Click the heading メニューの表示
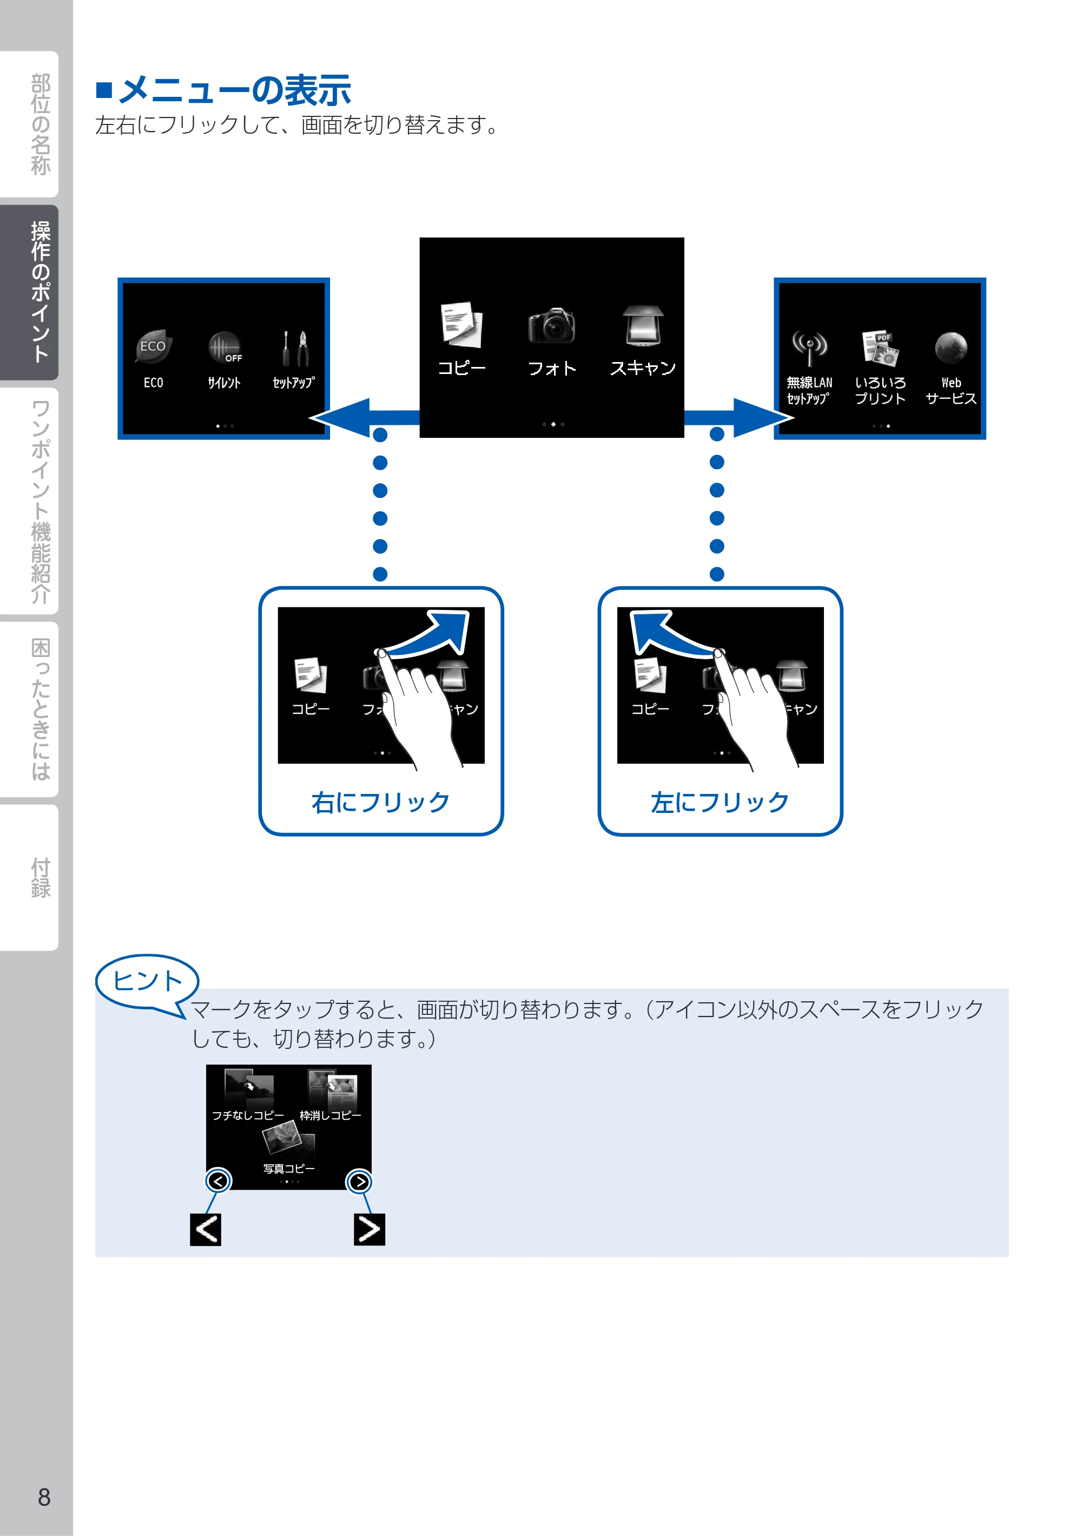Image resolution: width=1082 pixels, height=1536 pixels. point(234,90)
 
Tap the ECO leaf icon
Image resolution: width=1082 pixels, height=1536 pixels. point(153,346)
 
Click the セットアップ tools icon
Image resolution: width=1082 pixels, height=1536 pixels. point(294,348)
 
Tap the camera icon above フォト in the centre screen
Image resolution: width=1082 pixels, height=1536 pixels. point(552,326)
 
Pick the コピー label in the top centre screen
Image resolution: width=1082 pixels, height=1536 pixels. point(461,368)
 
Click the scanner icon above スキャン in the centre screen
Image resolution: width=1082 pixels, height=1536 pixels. point(643,326)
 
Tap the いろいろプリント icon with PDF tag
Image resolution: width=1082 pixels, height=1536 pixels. point(880,348)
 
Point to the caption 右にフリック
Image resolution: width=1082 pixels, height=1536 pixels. point(380,802)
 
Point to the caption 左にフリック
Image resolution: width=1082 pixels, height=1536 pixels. point(720,802)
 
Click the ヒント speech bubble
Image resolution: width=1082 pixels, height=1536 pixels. point(147,982)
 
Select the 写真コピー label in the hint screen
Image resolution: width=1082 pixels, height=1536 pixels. point(289,1169)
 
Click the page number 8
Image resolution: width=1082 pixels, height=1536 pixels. point(44,1496)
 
